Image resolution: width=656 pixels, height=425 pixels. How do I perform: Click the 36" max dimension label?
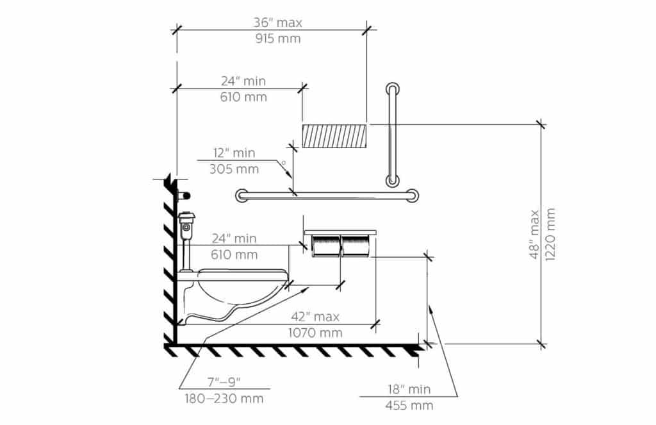tap(278, 22)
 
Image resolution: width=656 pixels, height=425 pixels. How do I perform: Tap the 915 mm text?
tap(278, 39)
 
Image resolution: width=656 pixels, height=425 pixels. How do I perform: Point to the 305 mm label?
tap(234, 170)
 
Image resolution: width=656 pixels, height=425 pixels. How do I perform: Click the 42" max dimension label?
tap(315, 317)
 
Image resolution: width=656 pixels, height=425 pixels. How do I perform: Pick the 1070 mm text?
tap(315, 333)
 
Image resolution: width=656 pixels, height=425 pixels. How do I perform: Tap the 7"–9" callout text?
tap(224, 382)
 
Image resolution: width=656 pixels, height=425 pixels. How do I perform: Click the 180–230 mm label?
tap(224, 399)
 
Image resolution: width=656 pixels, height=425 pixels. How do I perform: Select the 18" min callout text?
tap(409, 389)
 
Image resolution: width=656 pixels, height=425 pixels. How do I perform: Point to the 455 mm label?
tap(409, 406)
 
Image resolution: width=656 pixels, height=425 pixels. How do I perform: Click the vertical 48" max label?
tap(535, 235)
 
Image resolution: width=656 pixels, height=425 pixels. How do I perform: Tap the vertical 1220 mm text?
tap(550, 235)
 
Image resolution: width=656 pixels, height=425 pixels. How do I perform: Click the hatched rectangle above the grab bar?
tap(334, 136)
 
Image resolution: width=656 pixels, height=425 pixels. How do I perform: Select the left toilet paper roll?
tap(326, 246)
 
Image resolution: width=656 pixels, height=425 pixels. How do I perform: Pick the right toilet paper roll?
tap(356, 246)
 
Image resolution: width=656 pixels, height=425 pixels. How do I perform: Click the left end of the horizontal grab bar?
tap(241, 196)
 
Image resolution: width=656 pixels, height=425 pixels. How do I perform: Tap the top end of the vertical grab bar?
tap(392, 88)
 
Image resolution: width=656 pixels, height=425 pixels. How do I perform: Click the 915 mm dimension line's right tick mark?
tap(367, 29)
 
